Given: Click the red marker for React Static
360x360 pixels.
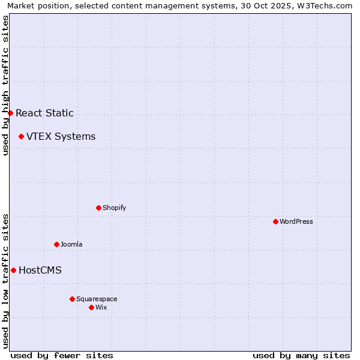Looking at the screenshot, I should (10, 113).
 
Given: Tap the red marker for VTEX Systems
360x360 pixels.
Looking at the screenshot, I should (21, 137).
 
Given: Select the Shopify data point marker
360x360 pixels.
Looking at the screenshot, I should (98, 208).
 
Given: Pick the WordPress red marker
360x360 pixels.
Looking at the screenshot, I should (275, 221).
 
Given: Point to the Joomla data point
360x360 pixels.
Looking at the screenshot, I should (56, 244).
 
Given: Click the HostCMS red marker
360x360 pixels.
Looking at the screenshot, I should (13, 270).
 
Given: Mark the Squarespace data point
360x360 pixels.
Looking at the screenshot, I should (72, 299).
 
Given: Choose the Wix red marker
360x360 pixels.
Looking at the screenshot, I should (91, 307).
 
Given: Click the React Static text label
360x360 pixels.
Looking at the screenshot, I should (44, 113).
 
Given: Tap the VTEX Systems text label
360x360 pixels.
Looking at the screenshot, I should (61, 137).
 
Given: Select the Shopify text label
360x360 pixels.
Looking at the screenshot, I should (114, 208).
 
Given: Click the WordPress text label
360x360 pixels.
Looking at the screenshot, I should (296, 221).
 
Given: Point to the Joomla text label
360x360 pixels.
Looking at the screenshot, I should (71, 244).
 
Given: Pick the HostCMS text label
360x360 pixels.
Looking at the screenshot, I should (40, 270).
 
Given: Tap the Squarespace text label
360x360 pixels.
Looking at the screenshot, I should (97, 299).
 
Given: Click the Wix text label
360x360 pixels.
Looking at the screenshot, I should (101, 307).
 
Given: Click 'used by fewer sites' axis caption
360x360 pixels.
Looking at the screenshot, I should (62, 355).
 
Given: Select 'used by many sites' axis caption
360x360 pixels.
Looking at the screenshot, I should (301, 355).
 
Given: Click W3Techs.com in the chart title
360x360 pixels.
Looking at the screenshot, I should (324, 5).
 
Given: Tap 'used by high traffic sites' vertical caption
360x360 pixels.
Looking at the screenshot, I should (5, 85).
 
